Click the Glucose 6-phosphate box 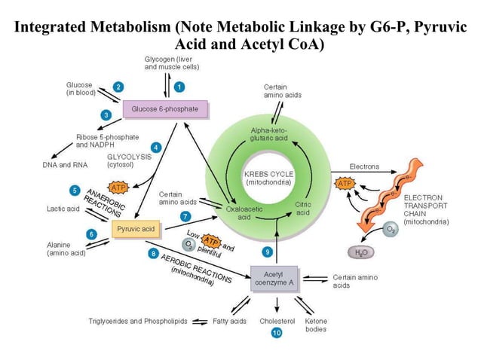(x=164, y=110)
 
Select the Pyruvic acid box (x=136, y=228)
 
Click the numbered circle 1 (x=179, y=87)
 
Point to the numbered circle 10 (x=277, y=333)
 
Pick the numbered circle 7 (x=185, y=216)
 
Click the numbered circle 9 (x=266, y=251)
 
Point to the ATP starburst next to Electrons (x=345, y=183)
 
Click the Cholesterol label (x=277, y=321)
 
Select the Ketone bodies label (x=315, y=325)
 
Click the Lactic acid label (x=63, y=208)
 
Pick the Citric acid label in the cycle (x=303, y=209)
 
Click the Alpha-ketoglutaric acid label (x=269, y=135)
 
